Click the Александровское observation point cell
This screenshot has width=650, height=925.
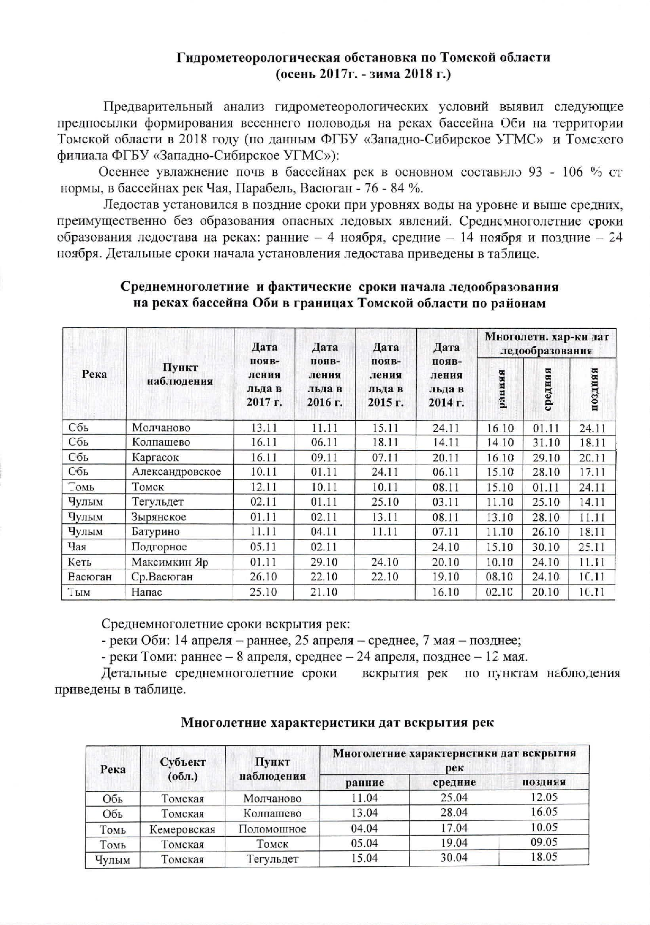point(176,472)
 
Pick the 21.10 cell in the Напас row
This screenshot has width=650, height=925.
point(324,593)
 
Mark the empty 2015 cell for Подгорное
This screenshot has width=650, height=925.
point(386,547)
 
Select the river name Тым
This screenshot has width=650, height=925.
point(79,593)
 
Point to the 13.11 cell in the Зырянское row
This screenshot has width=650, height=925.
point(385,517)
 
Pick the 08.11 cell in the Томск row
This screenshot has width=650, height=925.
point(446,487)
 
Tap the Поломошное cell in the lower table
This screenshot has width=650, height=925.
point(272,829)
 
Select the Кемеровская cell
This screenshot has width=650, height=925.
point(182,829)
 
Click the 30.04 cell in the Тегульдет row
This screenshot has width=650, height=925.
point(454,858)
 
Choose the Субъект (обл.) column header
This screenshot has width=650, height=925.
point(182,769)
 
